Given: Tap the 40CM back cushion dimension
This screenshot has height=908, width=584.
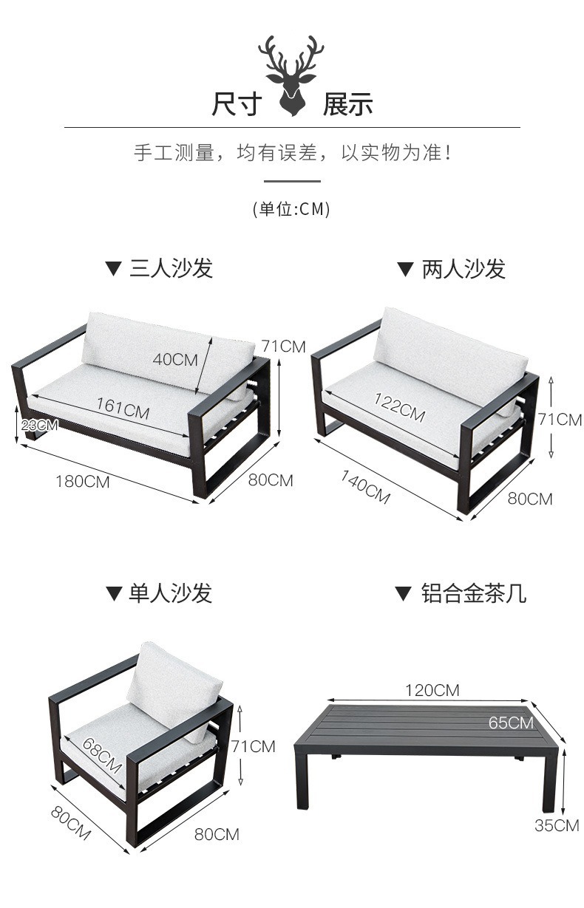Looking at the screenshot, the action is coord(175,359).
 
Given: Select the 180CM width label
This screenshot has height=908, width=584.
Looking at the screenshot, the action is coord(83,481).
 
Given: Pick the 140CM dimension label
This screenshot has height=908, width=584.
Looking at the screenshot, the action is coord(365,487).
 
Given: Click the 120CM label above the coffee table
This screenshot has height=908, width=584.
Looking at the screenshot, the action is coord(432,690).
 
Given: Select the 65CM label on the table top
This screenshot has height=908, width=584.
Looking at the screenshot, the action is coord(511,722).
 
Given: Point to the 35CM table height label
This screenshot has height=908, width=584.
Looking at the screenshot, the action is coord(557,825).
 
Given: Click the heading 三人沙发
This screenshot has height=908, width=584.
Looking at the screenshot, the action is coord(171,267).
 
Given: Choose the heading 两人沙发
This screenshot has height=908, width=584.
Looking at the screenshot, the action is coord(464,269).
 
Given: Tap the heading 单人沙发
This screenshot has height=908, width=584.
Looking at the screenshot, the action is coord(170,593).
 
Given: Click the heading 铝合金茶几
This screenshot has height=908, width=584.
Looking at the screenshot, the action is coord(474,593).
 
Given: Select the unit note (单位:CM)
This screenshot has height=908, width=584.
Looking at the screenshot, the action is coord(291,209).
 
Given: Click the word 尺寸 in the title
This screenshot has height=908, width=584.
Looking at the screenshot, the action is coord(236,104).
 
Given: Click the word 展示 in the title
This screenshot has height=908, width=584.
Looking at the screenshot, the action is coord(347,104).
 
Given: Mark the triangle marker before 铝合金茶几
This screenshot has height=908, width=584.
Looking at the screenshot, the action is coord(402,593).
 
